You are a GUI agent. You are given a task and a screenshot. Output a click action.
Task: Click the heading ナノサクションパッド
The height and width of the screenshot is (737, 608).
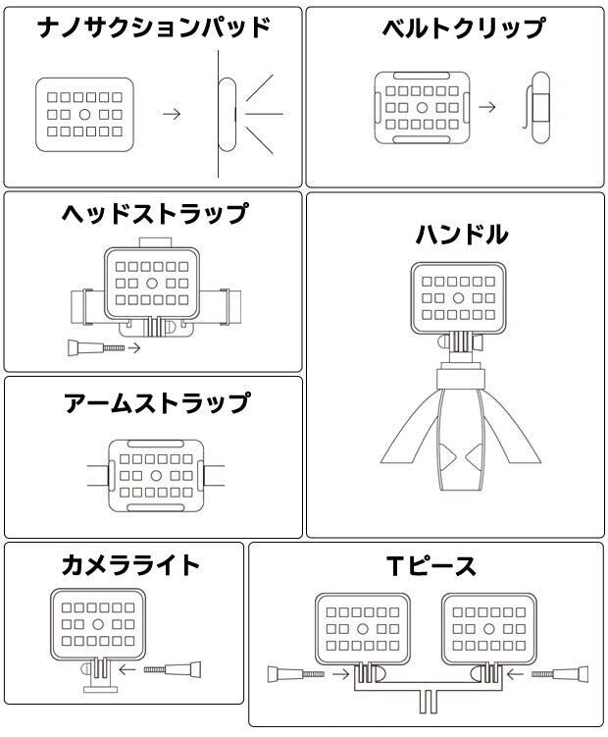(x=153, y=27)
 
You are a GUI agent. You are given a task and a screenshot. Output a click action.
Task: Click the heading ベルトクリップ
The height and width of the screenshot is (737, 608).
(x=464, y=28)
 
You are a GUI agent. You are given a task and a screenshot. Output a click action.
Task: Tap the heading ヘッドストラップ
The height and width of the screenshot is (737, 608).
(x=155, y=214)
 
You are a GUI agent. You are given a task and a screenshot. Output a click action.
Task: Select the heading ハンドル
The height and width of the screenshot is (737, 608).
(x=462, y=235)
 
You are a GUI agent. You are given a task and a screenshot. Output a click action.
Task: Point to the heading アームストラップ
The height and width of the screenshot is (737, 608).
(x=157, y=403)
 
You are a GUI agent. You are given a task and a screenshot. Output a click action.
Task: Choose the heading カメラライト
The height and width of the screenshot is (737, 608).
(x=130, y=565)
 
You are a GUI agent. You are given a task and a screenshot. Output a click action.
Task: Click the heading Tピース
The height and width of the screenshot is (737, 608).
(x=431, y=566)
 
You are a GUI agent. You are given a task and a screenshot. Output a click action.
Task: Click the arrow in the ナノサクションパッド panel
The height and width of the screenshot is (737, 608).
(x=172, y=114)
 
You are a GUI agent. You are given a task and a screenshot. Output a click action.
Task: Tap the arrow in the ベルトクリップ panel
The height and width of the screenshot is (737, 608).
(x=487, y=107)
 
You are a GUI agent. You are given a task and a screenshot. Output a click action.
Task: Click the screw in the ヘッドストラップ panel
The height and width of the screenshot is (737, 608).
(x=96, y=347)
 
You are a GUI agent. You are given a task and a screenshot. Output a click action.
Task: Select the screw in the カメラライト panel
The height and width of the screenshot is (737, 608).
(x=173, y=669)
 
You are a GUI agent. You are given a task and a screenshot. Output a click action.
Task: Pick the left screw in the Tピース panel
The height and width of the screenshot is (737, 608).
(x=296, y=674)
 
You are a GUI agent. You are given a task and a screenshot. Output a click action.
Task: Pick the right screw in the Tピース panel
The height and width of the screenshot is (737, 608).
(x=560, y=674)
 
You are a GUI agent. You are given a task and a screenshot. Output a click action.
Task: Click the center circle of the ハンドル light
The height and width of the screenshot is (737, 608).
(x=458, y=298)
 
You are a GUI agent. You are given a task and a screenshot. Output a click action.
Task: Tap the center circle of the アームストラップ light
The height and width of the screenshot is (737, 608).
(x=156, y=476)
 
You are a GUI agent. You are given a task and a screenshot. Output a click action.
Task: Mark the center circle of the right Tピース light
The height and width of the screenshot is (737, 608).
(x=489, y=629)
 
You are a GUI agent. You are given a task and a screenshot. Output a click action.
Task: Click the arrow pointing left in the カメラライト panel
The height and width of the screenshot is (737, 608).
(x=127, y=669)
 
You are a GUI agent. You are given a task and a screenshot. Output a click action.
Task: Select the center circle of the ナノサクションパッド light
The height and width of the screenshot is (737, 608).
(x=84, y=114)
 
